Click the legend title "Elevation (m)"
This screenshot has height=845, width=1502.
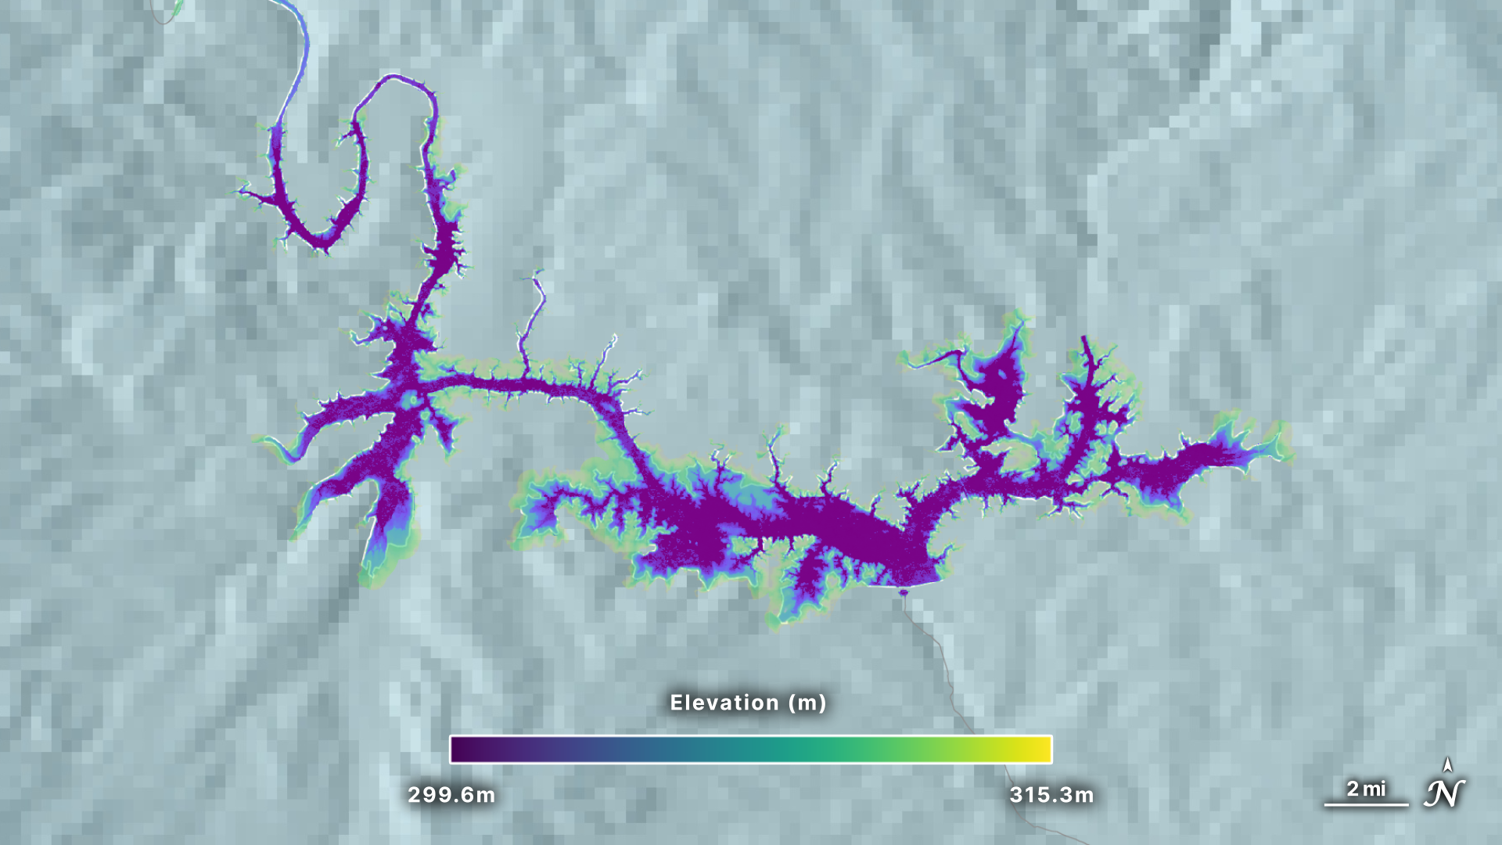pyautogui.click(x=748, y=703)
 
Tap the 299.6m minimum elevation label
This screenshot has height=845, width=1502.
pyautogui.click(x=451, y=795)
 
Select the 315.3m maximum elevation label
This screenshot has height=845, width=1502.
pyautogui.click(x=1051, y=795)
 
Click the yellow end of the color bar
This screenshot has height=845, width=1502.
pyautogui.click(x=1040, y=750)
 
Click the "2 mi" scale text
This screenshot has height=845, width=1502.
pyautogui.click(x=1366, y=789)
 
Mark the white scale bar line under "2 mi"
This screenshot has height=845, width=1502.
pyautogui.click(x=1366, y=804)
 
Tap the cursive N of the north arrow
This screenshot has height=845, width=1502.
pyautogui.click(x=1444, y=794)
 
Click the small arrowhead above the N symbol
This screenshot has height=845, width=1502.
pyautogui.click(x=1448, y=764)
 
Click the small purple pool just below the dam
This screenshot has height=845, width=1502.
pyautogui.click(x=904, y=593)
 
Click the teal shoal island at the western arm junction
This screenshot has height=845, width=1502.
pyautogui.click(x=412, y=401)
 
